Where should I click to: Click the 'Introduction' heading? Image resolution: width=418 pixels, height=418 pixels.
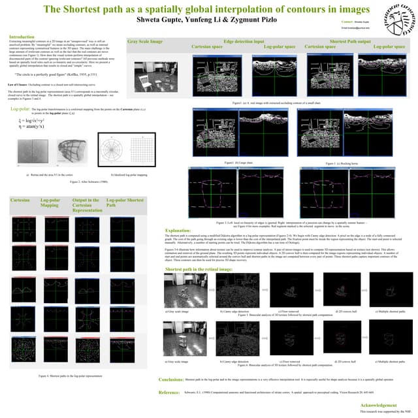(x=23, y=37)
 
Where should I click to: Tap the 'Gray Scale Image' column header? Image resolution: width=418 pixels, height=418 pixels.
(x=145, y=41)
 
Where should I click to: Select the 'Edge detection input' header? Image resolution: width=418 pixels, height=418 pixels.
(x=244, y=41)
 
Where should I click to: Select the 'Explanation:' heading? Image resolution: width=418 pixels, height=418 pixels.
(x=178, y=231)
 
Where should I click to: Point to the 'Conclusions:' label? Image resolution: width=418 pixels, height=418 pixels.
(x=171, y=379)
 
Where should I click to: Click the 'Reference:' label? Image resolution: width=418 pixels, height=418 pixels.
(x=170, y=392)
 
